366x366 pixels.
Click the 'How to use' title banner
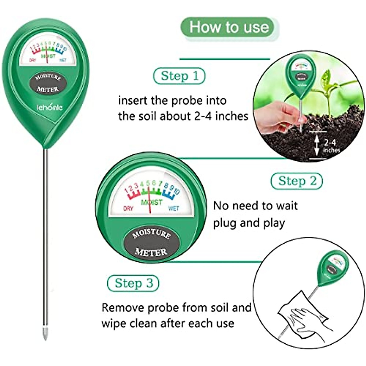click(x=229, y=27)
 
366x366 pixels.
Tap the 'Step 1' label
click(x=179, y=76)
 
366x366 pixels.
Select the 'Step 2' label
click(x=297, y=181)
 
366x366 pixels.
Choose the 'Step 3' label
click(x=133, y=283)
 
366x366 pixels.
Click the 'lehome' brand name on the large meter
click(x=50, y=107)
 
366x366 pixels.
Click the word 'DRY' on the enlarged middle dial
click(x=128, y=209)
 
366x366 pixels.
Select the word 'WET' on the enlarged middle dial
click(x=174, y=209)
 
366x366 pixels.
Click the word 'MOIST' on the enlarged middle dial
click(x=152, y=202)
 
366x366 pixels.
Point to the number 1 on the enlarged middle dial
click(x=126, y=191)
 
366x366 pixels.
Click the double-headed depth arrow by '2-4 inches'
click(x=317, y=146)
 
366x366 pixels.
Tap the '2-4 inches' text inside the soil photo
click(x=331, y=146)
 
